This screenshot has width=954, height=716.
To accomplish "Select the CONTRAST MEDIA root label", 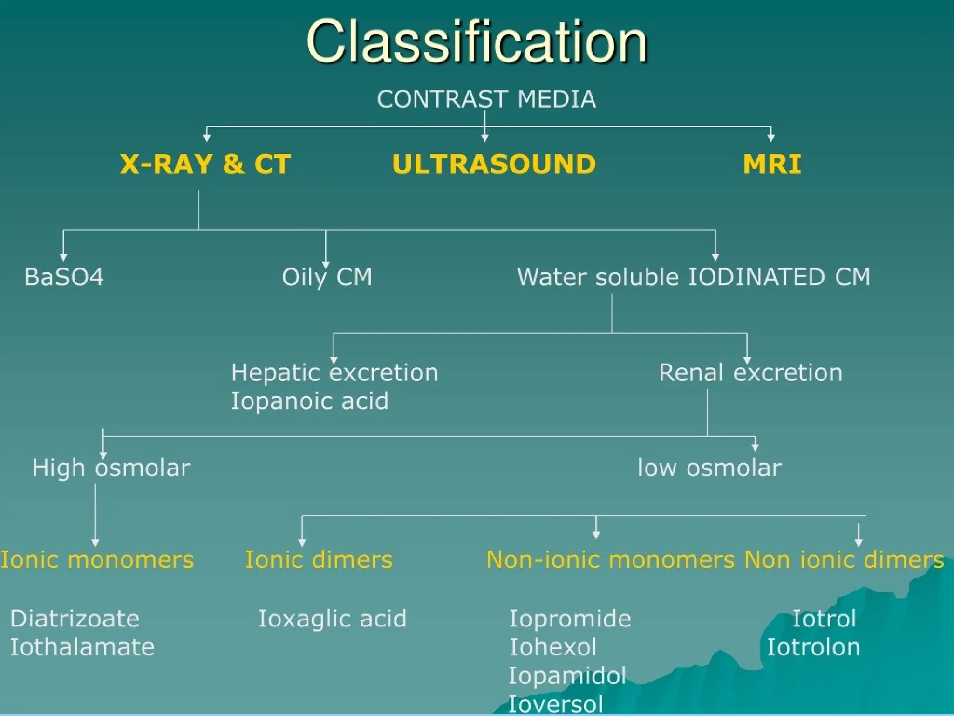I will [x=486, y=99].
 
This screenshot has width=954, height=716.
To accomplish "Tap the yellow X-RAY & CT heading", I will [x=205, y=164].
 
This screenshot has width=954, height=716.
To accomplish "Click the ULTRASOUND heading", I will [x=494, y=164].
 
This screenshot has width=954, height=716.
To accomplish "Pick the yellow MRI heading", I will [x=772, y=164].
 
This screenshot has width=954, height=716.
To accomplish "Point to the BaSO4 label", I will [x=64, y=277].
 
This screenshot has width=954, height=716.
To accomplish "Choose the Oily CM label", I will [x=327, y=277].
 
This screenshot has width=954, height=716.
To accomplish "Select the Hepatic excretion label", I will [x=334, y=372].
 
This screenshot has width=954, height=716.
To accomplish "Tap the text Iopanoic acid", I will [x=310, y=401].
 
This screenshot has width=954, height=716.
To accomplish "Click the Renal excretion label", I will [x=750, y=372].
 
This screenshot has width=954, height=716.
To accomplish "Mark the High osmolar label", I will [x=111, y=468].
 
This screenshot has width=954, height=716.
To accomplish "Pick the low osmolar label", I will [x=709, y=468].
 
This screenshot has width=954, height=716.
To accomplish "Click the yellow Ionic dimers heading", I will [x=319, y=559].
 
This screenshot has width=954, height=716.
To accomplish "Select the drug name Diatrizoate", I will [x=75, y=619].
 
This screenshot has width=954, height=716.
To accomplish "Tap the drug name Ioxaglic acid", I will [x=332, y=619].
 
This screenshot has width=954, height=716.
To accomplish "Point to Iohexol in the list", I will [x=552, y=647].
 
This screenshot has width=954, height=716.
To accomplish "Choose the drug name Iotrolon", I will [x=813, y=647].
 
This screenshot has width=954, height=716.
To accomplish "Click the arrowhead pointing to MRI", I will [x=771, y=138].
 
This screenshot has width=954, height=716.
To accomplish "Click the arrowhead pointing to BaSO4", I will [x=63, y=257].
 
